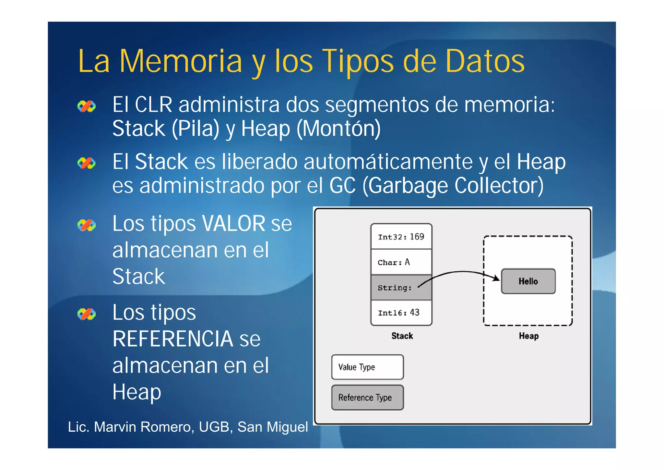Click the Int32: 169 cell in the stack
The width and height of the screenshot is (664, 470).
pos(401,237)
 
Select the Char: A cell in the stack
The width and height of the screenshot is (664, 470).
pos(401,262)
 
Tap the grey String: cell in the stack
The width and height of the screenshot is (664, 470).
pos(401,288)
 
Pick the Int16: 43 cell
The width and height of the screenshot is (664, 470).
pos(401,313)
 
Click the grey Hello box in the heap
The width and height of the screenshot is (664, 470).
pos(528,281)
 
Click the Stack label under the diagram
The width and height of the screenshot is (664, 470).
pos(402,336)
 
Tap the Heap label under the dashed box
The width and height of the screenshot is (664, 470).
pos(528,336)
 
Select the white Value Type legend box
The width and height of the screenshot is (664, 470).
pos(367,367)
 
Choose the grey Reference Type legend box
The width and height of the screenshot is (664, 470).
pos(367,397)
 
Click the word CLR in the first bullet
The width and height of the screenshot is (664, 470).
pos(153,105)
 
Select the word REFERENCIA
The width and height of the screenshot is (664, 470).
pos(172,339)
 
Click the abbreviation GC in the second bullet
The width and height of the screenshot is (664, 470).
pos(342,186)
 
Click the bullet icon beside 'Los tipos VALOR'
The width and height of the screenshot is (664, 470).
pos(87,225)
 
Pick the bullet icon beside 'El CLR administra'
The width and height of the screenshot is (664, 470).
pos(87,106)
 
